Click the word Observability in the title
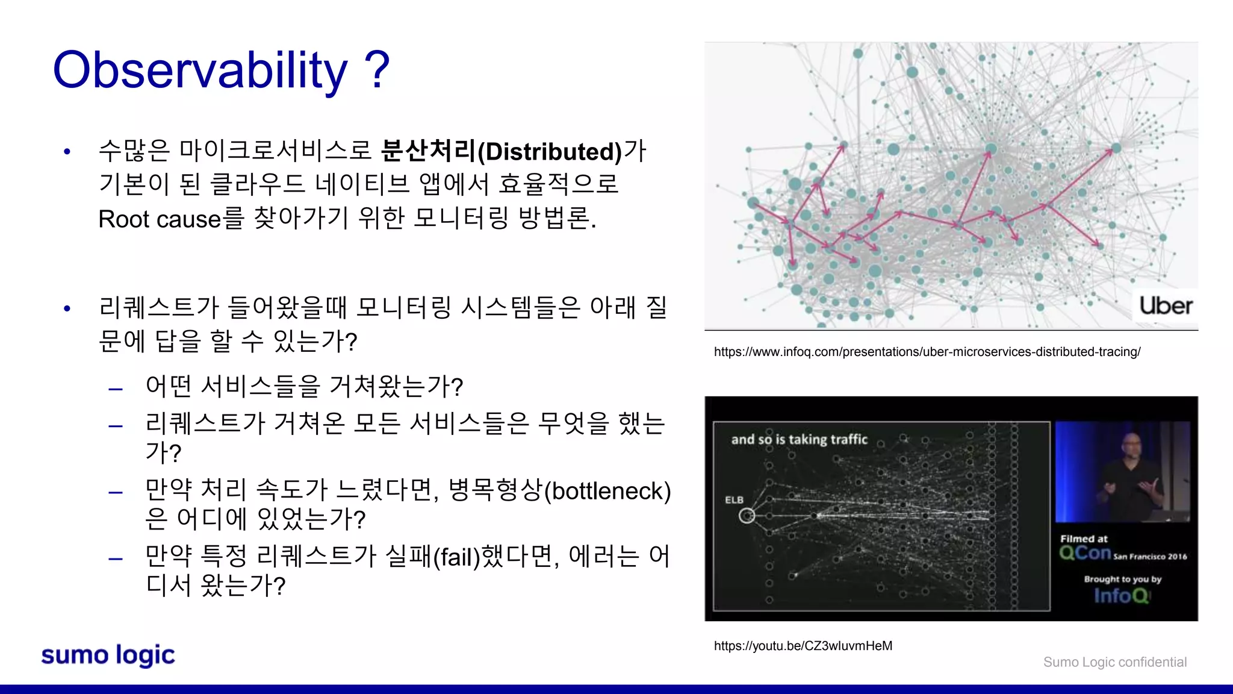200,71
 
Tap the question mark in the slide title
377,70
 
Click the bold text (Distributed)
549,152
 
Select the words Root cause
160,219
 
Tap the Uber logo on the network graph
1166,306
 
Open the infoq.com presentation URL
927,352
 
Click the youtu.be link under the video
803,646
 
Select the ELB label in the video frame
734,500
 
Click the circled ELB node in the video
747,516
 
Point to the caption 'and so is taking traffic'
799,440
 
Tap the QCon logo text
1085,553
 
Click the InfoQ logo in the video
1121,596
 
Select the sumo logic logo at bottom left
108,655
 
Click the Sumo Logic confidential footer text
1114,662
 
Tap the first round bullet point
67,152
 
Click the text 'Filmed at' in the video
1084,539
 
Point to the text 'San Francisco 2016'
1150,557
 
